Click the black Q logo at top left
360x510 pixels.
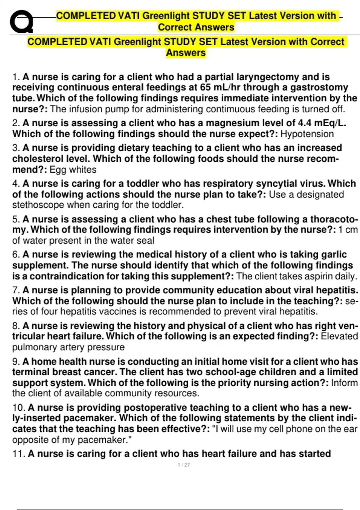tap(21, 22)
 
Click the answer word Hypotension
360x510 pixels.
tap(307, 134)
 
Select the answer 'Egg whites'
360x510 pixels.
tap(73, 169)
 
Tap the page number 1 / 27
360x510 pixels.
tap(184, 465)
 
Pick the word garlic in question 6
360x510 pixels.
tap(334, 254)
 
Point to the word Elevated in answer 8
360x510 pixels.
tap(339, 336)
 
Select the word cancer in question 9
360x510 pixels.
tap(100, 372)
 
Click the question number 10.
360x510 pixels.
tap(19, 408)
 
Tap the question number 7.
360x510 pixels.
tap(16, 290)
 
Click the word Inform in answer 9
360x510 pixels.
tap(344, 383)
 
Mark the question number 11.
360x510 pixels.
tap(19, 454)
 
